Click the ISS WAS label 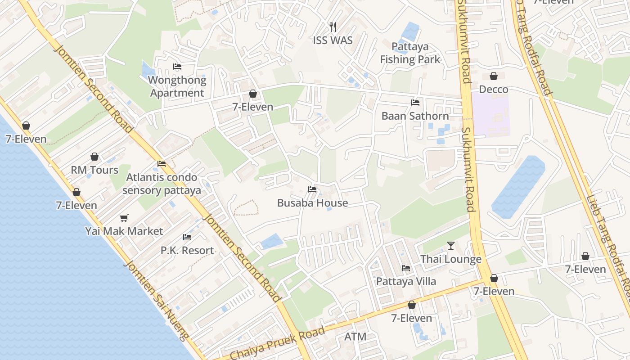(x=333, y=40)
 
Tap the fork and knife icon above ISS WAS (x=333, y=27)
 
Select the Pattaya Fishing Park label (x=410, y=53)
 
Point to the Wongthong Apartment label (x=177, y=87)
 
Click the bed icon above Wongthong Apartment (x=177, y=67)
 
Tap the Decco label (x=494, y=89)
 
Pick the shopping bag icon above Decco (x=494, y=76)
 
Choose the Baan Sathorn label (x=415, y=116)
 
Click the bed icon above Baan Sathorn (x=415, y=103)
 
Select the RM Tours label (x=94, y=170)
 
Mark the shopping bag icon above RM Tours (x=94, y=157)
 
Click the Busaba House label (x=312, y=203)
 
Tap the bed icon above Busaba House (x=312, y=189)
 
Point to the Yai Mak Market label (x=124, y=231)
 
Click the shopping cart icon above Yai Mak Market (x=124, y=218)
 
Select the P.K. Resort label (x=187, y=250)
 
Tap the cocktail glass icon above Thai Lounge (x=451, y=246)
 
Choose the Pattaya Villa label (x=406, y=281)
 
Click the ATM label (x=355, y=336)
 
